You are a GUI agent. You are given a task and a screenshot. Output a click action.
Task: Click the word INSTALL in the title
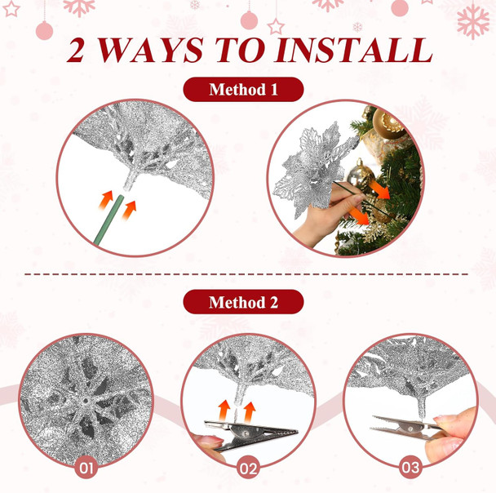pos(352,50)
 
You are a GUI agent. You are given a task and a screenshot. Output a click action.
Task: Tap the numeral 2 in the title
pos(81,50)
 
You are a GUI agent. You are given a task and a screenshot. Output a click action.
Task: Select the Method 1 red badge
pos(243,90)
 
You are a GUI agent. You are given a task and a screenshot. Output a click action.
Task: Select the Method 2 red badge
pos(243,303)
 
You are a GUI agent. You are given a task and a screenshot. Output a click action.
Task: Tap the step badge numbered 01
pos(86,469)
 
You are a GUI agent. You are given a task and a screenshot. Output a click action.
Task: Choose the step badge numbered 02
pos(249,469)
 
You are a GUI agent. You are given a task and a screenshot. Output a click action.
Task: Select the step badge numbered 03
pos(410,469)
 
